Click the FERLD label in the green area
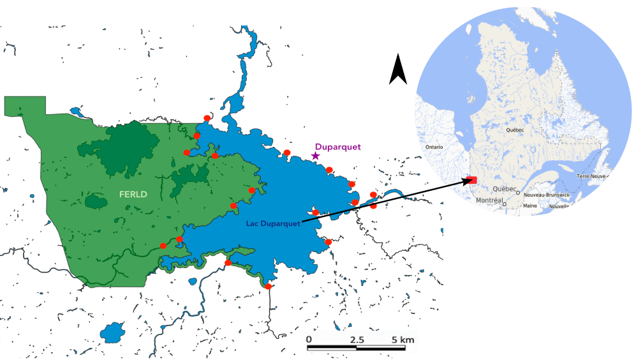pyautogui.click(x=133, y=193)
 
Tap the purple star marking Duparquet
pyautogui.click(x=315, y=156)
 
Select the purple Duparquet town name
pyautogui.click(x=337, y=146)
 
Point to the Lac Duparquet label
pyautogui.click(x=273, y=223)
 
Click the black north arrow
pyautogui.click(x=398, y=70)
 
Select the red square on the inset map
pyautogui.click(x=472, y=181)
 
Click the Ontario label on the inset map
pyautogui.click(x=434, y=147)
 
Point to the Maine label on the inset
pyautogui.click(x=529, y=206)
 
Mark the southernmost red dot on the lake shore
pyautogui.click(x=269, y=287)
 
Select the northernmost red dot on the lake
pyautogui.click(x=207, y=117)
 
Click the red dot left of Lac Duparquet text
pyautogui.click(x=234, y=206)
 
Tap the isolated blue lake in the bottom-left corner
pyautogui.click(x=114, y=332)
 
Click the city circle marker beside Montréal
pyautogui.click(x=504, y=204)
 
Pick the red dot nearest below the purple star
pyautogui.click(x=329, y=170)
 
